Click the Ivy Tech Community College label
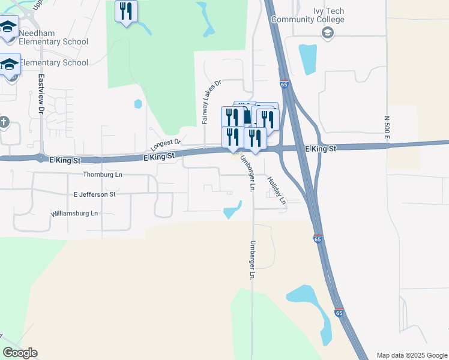pyautogui.click(x=308, y=15)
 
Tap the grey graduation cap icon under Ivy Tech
pyautogui.click(x=327, y=33)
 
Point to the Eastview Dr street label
pyautogui.click(x=41, y=94)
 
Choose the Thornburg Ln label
pyautogui.click(x=102, y=175)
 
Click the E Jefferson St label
pyautogui.click(x=94, y=194)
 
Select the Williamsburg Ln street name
pyautogui.click(x=74, y=213)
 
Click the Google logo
pyautogui.click(x=20, y=353)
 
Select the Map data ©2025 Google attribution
pyautogui.click(x=411, y=355)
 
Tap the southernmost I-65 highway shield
pyautogui.click(x=339, y=313)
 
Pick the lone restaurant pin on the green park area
pyautogui.click(x=126, y=11)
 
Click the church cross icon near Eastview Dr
pyautogui.click(x=4, y=122)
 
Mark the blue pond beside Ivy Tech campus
pyautogui.click(x=308, y=59)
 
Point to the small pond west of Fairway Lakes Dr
pyautogui.click(x=139, y=104)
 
